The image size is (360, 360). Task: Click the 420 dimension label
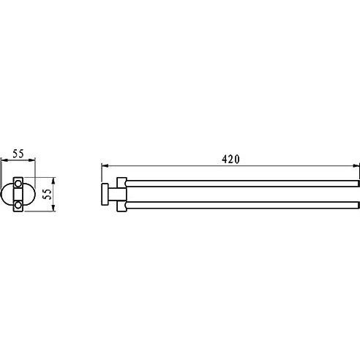click(230, 160)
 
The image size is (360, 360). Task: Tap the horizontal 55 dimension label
click(18, 154)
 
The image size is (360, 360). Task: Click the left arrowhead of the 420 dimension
click(105, 165)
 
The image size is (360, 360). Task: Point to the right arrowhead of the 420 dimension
click(356, 165)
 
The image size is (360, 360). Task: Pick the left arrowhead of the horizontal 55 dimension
click(4, 160)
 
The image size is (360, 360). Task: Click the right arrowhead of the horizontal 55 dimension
click(32, 160)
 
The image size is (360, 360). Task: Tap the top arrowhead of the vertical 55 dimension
click(54, 181)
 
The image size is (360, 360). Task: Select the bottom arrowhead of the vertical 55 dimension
click(54, 208)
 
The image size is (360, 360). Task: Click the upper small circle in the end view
click(18, 184)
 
